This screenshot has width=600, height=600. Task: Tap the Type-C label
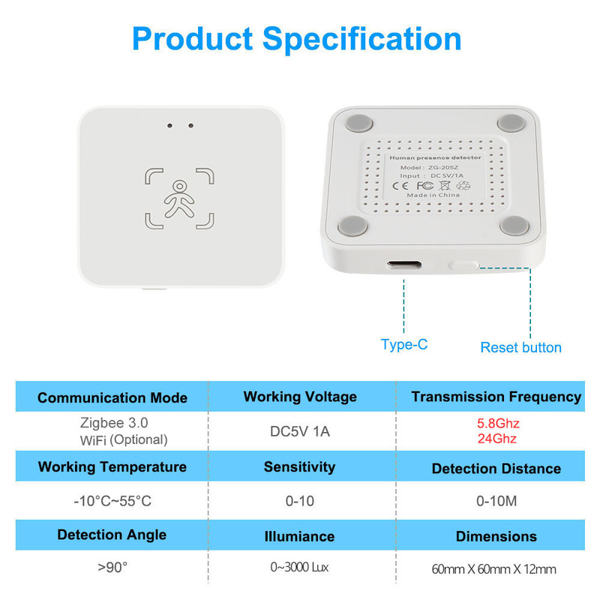coord(403,344)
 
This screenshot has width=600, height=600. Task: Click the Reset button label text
coord(520,347)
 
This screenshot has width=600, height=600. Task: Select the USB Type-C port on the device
coord(405,265)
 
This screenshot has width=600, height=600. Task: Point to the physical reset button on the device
coord(463,265)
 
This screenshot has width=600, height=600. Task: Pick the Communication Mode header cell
coord(112,397)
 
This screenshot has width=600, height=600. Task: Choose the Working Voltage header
coord(300,397)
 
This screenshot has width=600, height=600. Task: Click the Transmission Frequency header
coord(496,397)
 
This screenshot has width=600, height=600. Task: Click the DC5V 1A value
coord(300,431)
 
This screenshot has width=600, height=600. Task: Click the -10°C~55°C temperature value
coord(112,501)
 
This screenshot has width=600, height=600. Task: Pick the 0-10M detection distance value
coord(496,501)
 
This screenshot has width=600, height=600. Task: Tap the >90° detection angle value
coord(112,567)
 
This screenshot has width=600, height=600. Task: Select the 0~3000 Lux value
coord(300,568)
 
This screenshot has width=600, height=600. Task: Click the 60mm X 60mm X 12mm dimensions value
coord(496,569)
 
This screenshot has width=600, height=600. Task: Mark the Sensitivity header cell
coord(300,466)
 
